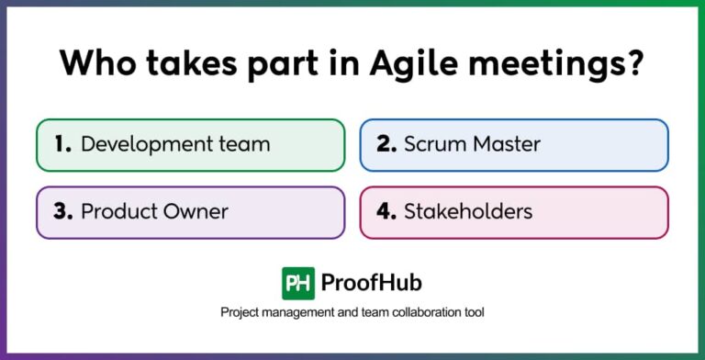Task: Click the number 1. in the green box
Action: [62, 144]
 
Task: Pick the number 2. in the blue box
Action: [386, 144]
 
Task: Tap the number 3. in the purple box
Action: [62, 211]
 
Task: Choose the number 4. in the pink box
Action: [386, 211]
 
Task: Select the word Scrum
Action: [433, 144]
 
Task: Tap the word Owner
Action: [192, 211]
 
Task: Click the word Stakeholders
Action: [468, 211]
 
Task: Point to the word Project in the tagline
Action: [241, 313]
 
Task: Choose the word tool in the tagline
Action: [473, 313]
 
